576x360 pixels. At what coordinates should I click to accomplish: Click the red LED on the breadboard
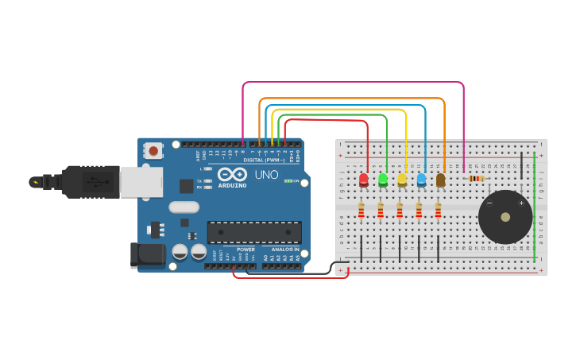(364, 180)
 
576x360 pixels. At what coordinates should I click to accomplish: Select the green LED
(383, 180)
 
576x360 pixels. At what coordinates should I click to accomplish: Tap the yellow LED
(402, 180)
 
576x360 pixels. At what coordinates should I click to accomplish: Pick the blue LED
(421, 180)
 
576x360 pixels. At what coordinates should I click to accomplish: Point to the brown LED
(440, 180)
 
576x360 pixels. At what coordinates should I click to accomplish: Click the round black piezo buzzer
(505, 217)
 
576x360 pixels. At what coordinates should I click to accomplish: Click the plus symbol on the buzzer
(522, 203)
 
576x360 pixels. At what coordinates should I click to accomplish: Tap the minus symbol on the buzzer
(489, 203)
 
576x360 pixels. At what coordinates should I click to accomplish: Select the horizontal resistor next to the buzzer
(476, 179)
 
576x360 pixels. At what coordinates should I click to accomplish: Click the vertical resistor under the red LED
(361, 211)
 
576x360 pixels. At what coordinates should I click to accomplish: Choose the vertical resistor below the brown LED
(438, 211)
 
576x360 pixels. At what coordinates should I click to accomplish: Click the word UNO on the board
(266, 174)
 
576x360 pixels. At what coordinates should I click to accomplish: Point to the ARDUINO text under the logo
(232, 185)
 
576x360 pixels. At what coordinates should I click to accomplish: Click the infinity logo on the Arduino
(232, 173)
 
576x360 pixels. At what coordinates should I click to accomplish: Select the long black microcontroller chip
(254, 232)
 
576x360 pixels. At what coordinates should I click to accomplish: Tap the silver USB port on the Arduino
(141, 181)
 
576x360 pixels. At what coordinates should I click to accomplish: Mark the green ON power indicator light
(288, 181)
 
